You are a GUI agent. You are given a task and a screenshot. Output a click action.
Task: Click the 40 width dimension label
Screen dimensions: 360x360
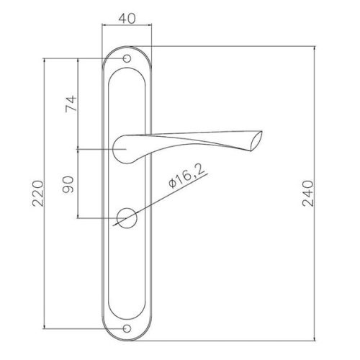(x=127, y=18)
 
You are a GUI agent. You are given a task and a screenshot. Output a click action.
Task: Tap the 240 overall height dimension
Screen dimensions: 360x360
(x=307, y=194)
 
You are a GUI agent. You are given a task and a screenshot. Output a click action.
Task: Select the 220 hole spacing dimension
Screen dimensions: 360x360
(x=38, y=193)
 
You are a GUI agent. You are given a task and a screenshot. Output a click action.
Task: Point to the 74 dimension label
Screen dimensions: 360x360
(x=71, y=104)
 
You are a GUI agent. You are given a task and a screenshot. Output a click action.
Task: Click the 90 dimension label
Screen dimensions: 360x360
(x=68, y=184)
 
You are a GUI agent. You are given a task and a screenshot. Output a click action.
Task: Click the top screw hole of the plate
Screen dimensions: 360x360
(x=127, y=58)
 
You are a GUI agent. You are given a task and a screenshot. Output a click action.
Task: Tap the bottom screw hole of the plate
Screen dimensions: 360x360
(x=127, y=328)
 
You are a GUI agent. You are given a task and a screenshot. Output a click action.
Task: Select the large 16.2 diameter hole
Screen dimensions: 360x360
(x=127, y=218)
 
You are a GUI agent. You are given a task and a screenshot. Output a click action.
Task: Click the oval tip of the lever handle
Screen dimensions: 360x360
(x=256, y=141)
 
